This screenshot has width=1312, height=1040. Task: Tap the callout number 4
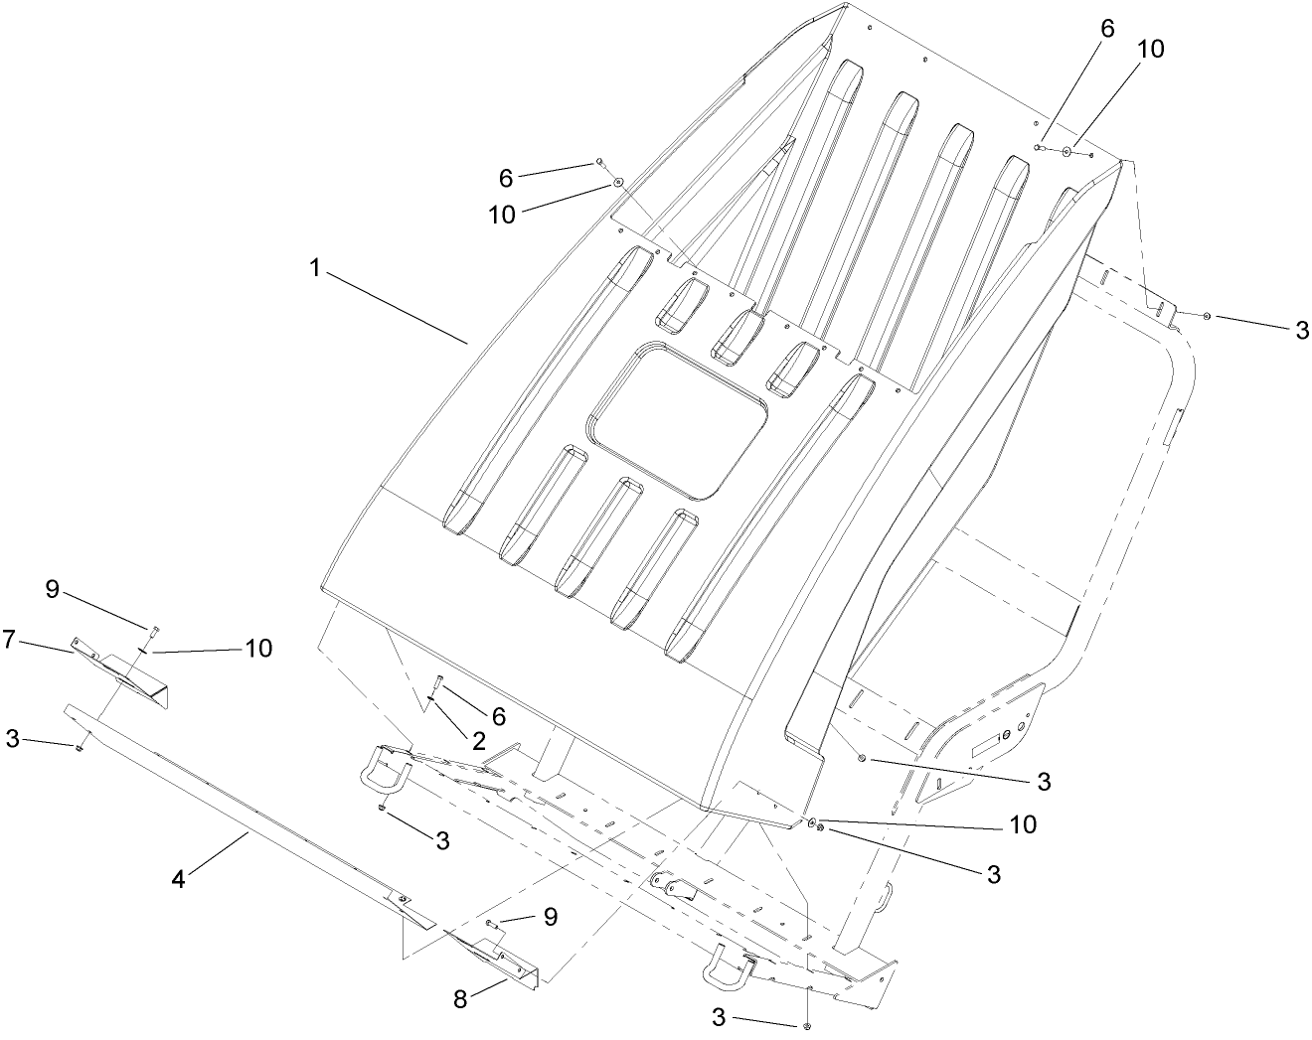tap(180, 879)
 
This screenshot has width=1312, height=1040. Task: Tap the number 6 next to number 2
tap(498, 715)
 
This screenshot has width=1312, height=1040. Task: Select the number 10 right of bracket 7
tap(259, 648)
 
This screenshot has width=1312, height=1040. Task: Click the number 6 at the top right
tap(1106, 29)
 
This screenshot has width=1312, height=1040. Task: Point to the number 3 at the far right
tap(1301, 331)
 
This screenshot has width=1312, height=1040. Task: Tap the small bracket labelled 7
tap(124, 671)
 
